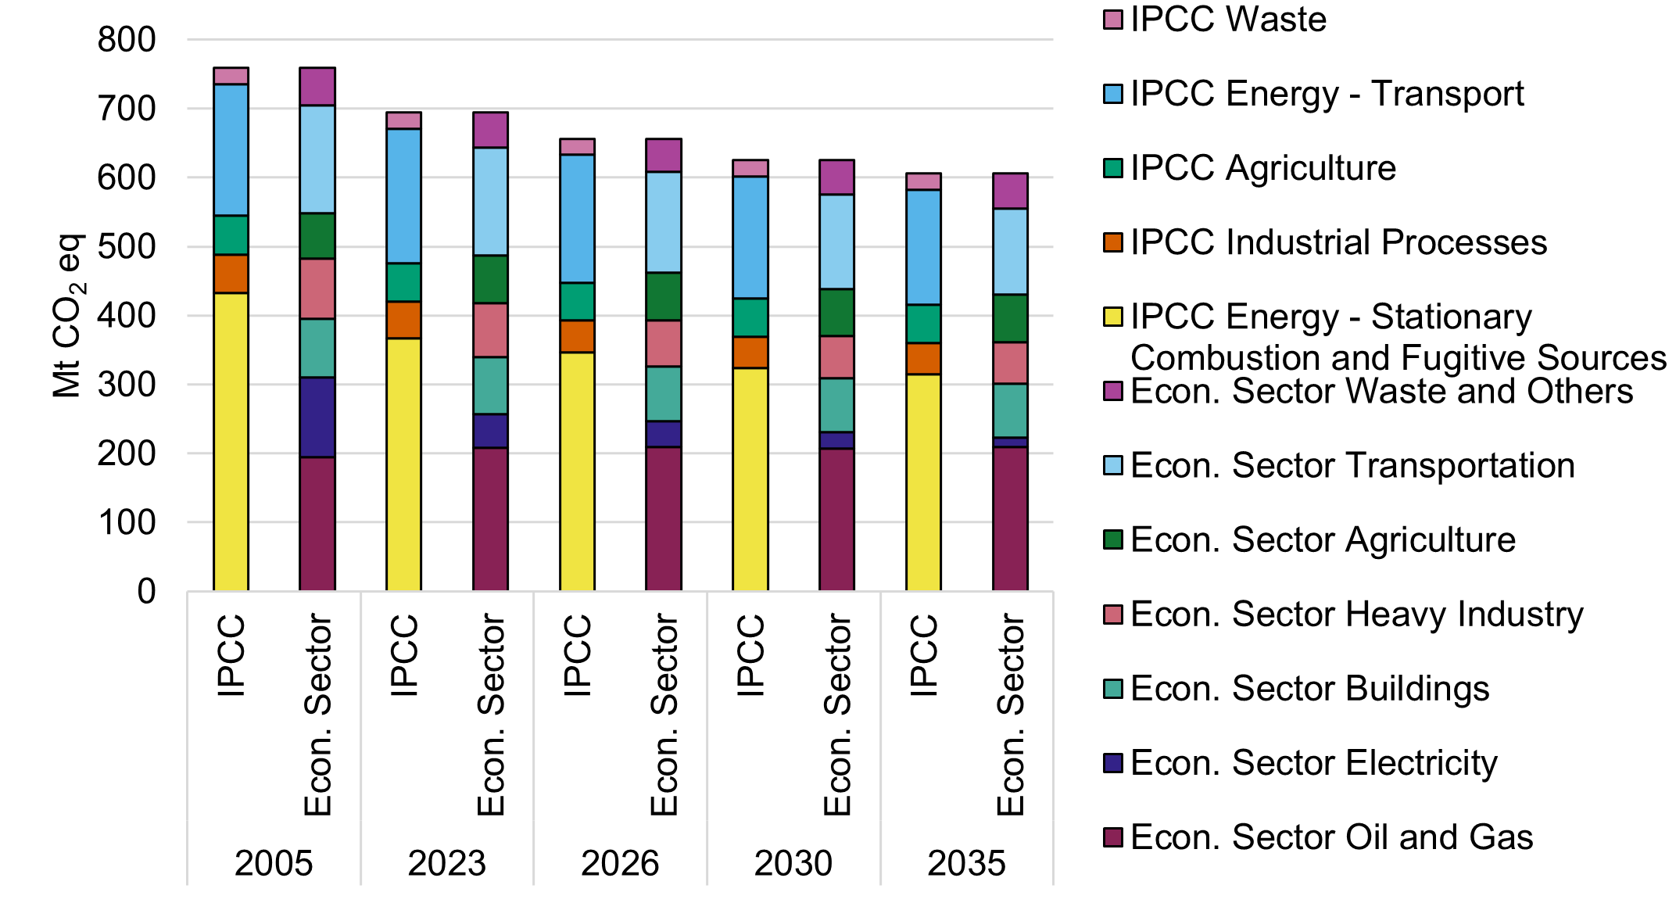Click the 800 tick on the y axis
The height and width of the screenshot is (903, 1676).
point(127,40)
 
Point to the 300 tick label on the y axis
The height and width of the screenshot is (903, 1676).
point(127,385)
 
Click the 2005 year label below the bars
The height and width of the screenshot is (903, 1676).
point(274,864)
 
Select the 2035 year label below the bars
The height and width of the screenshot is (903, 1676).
point(966,864)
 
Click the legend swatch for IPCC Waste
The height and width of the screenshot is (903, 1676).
point(1112,20)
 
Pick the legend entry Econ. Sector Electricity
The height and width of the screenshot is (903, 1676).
point(1313,763)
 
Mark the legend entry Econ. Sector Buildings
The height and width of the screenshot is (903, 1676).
point(1309,689)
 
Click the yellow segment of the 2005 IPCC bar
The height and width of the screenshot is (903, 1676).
point(231,442)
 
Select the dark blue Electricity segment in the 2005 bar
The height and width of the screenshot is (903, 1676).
point(317,417)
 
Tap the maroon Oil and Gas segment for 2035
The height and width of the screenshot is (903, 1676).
point(1010,518)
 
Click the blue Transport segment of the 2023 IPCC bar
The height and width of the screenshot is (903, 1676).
point(404,196)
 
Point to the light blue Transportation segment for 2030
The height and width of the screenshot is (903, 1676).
point(836,242)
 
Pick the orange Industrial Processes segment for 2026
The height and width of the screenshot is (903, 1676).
point(577,336)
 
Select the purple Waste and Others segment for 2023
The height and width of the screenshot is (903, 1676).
point(490,130)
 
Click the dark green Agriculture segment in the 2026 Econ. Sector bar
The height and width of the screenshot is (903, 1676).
point(664,296)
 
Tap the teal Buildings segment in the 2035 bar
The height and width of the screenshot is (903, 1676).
point(1010,410)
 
